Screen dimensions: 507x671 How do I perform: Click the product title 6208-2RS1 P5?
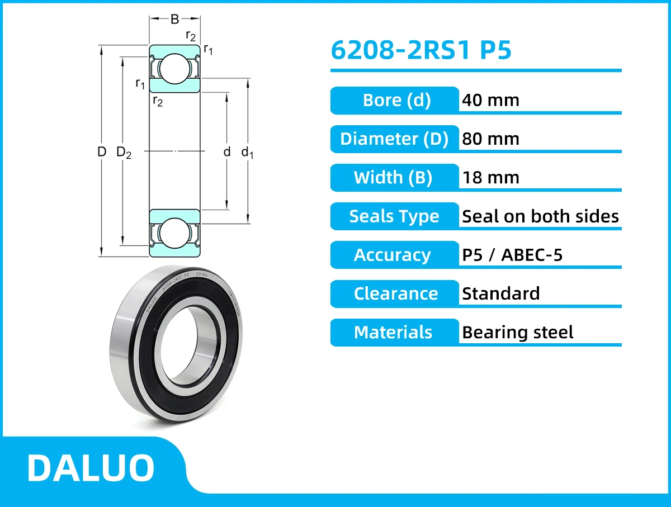[421, 50]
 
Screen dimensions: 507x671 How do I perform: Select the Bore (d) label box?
[395, 100]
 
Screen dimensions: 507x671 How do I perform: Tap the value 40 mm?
[490, 100]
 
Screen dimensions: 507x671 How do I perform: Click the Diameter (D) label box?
[395, 139]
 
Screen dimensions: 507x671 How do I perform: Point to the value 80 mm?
[490, 139]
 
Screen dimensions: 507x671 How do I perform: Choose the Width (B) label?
[393, 178]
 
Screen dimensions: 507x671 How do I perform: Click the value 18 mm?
[490, 178]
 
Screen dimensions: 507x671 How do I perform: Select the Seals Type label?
[394, 216]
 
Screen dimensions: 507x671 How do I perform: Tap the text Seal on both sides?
[540, 216]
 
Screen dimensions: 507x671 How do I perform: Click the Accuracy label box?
[393, 255]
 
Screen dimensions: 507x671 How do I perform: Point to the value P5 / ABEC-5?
[512, 255]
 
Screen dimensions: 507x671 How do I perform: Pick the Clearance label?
[395, 293]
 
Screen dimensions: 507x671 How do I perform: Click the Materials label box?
[393, 332]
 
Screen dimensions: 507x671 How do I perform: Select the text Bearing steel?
[517, 333]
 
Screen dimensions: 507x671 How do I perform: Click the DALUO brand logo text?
[91, 467]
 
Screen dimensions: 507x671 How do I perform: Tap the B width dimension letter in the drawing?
[174, 19]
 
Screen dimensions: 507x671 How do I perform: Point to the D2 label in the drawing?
[124, 152]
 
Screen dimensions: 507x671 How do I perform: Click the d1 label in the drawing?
[247, 152]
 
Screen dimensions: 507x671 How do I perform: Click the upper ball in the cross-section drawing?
[174, 68]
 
